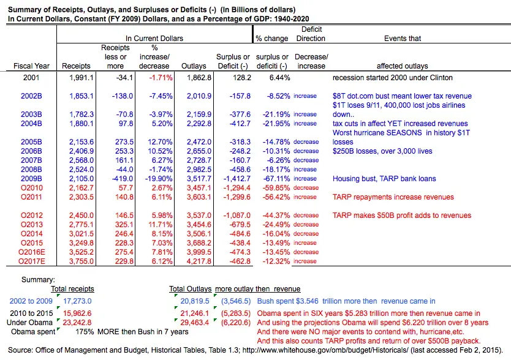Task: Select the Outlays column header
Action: point(194,66)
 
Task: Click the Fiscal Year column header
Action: point(29,66)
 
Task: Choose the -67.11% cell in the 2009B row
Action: point(274,179)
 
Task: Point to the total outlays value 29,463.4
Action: point(195,323)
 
